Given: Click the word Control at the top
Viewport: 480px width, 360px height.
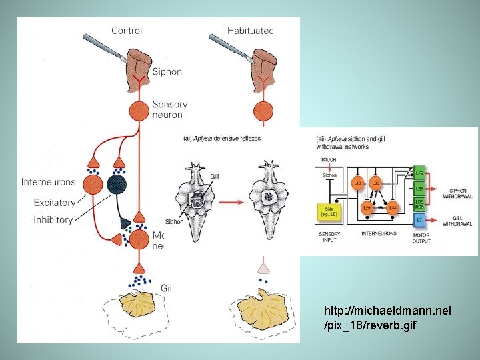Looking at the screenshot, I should pyautogui.click(x=127, y=30).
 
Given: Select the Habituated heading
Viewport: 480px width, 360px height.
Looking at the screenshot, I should pyautogui.click(x=250, y=30).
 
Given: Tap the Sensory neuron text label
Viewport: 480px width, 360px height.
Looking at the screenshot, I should pyautogui.click(x=170, y=109).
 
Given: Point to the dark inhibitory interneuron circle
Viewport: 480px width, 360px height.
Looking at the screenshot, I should pyautogui.click(x=117, y=185).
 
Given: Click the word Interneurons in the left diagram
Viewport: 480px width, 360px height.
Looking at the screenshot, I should pyautogui.click(x=48, y=182).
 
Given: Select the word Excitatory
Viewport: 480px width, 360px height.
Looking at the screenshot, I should pyautogui.click(x=53, y=203).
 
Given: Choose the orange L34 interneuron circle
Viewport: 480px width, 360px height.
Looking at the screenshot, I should pyautogui.click(x=393, y=209).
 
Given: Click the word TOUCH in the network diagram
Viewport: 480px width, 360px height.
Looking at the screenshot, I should pyautogui.click(x=329, y=160).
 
